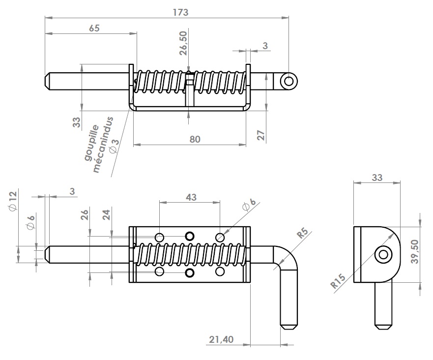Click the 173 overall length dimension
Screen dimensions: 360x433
point(180,12)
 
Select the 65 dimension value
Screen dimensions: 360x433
point(94,28)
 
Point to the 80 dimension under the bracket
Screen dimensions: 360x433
point(195,139)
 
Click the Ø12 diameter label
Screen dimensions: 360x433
point(13,201)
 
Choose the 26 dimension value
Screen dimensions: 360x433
point(85,215)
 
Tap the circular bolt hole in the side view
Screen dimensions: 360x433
point(383,254)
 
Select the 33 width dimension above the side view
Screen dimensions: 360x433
point(377,178)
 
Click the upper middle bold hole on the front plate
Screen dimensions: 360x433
point(190,236)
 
